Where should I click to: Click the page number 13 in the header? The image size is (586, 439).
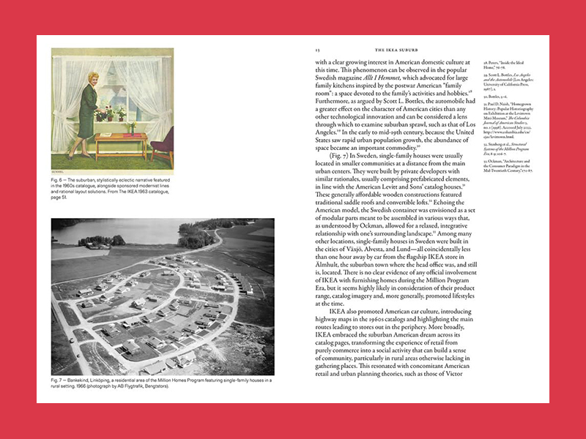(x=317, y=50)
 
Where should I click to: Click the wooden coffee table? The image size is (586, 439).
(x=121, y=139)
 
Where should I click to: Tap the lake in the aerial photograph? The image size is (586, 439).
(x=110, y=230)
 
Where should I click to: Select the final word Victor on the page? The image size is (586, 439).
(x=453, y=382)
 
